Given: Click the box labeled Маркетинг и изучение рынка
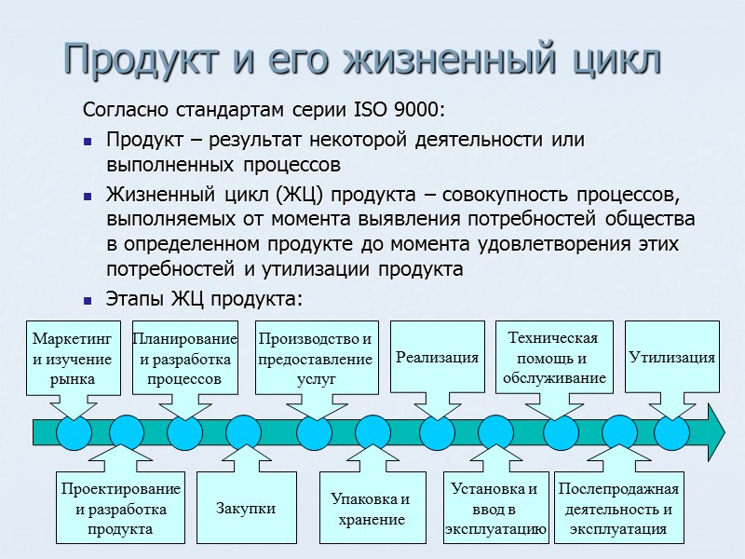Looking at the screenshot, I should click(72, 359).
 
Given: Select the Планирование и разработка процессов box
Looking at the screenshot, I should click(184, 359).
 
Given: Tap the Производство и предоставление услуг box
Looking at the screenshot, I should click(317, 359).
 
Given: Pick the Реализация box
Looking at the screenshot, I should click(437, 357).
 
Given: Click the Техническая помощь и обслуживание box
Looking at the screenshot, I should click(555, 357).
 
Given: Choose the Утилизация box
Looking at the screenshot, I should click(671, 357).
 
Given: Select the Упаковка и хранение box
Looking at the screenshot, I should click(370, 509).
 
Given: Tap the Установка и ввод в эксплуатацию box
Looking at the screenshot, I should click(494, 509).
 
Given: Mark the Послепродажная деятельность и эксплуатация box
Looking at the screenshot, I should click(618, 509).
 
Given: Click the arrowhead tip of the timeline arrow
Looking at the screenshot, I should click(723, 432).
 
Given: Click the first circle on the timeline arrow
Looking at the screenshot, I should click(74, 432).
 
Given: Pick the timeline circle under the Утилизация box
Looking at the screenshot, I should click(671, 432).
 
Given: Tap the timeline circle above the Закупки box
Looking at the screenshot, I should click(244, 432).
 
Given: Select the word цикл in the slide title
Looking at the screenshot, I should click(609, 60).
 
